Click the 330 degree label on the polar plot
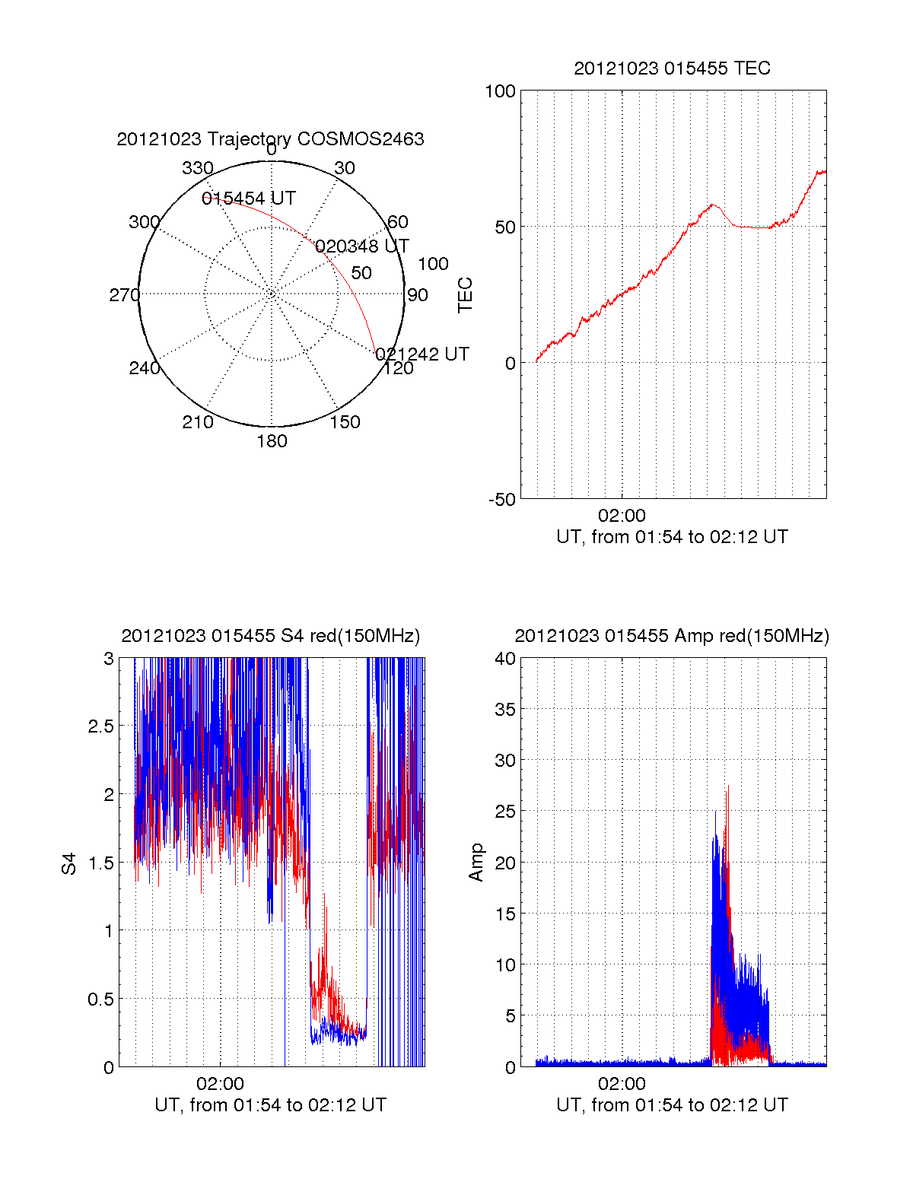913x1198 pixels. pos(198,168)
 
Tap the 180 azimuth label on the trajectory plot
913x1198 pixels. pos(272,441)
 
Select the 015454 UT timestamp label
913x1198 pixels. pos(249,199)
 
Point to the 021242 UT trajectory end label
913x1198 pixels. pos(422,354)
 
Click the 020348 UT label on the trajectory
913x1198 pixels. pos(362,246)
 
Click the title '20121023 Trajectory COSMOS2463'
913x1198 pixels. pos(270,139)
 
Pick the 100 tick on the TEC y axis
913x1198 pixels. pos(500,91)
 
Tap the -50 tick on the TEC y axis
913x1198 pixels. pos(501,500)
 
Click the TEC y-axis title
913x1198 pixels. pos(465,295)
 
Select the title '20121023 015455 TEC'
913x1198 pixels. pos(672,68)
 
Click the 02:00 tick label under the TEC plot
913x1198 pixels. pos(622,516)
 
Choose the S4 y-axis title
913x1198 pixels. pos(69,863)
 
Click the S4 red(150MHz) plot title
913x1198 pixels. pos(270,636)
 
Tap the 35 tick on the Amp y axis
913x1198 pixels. pos(504,710)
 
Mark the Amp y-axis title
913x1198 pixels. pos(476,863)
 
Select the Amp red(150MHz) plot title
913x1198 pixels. pos(672,636)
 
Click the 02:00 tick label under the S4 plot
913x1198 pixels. pos(220,1084)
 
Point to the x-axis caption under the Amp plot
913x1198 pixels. pos(672,1105)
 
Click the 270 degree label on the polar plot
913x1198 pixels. pos(124,295)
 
